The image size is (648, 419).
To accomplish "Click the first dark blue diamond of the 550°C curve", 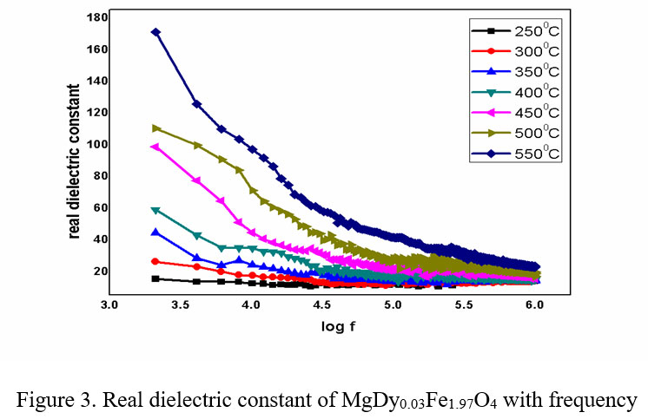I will coord(155,32).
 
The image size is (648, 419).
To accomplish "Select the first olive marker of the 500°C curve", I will coord(155,128).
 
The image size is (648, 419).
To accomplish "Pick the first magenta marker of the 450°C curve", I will coord(155,147).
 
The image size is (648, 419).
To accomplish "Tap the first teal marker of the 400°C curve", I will coord(155,210).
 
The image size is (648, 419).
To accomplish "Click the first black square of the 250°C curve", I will coord(155,278).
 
